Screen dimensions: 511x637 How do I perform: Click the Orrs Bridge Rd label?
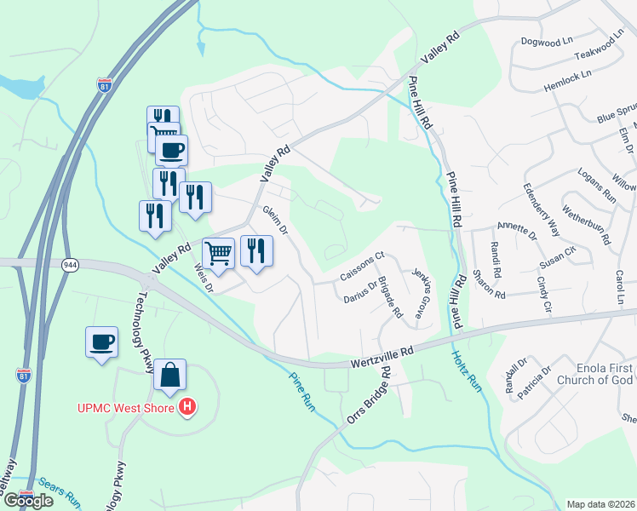point(369,396)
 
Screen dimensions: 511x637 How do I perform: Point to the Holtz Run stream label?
point(466,371)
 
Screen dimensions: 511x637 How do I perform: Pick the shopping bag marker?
point(169,376)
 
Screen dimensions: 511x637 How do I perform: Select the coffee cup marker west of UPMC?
point(101,342)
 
